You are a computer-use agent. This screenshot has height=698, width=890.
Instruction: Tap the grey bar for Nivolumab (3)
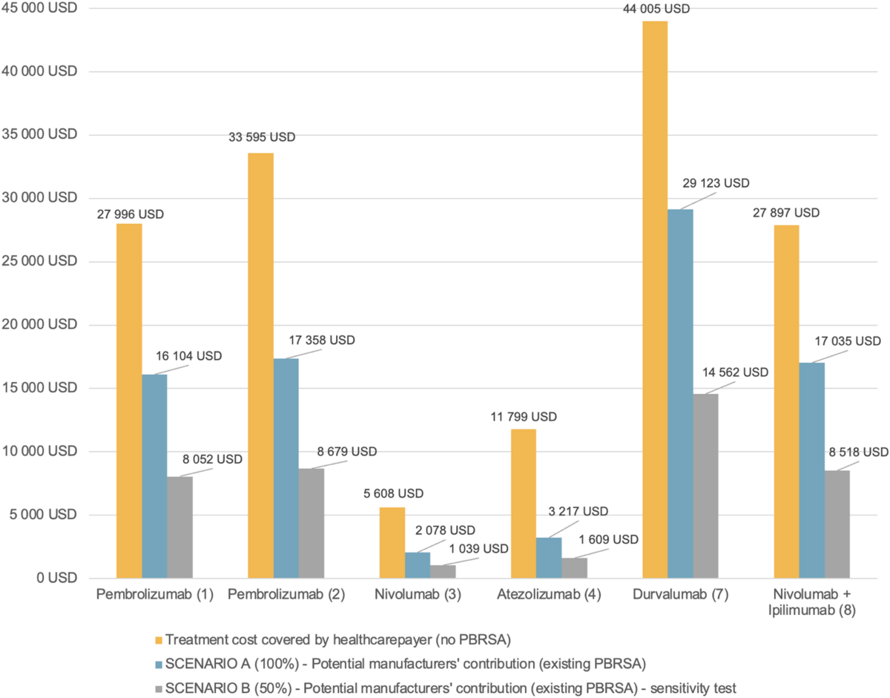click(443, 572)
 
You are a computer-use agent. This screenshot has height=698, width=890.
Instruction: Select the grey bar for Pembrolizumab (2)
click(311, 523)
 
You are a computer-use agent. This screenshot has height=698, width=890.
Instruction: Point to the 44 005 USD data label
click(656, 9)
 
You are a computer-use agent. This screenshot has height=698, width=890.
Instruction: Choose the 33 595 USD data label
click(260, 137)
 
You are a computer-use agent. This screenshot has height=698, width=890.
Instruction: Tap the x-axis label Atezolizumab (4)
click(549, 596)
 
